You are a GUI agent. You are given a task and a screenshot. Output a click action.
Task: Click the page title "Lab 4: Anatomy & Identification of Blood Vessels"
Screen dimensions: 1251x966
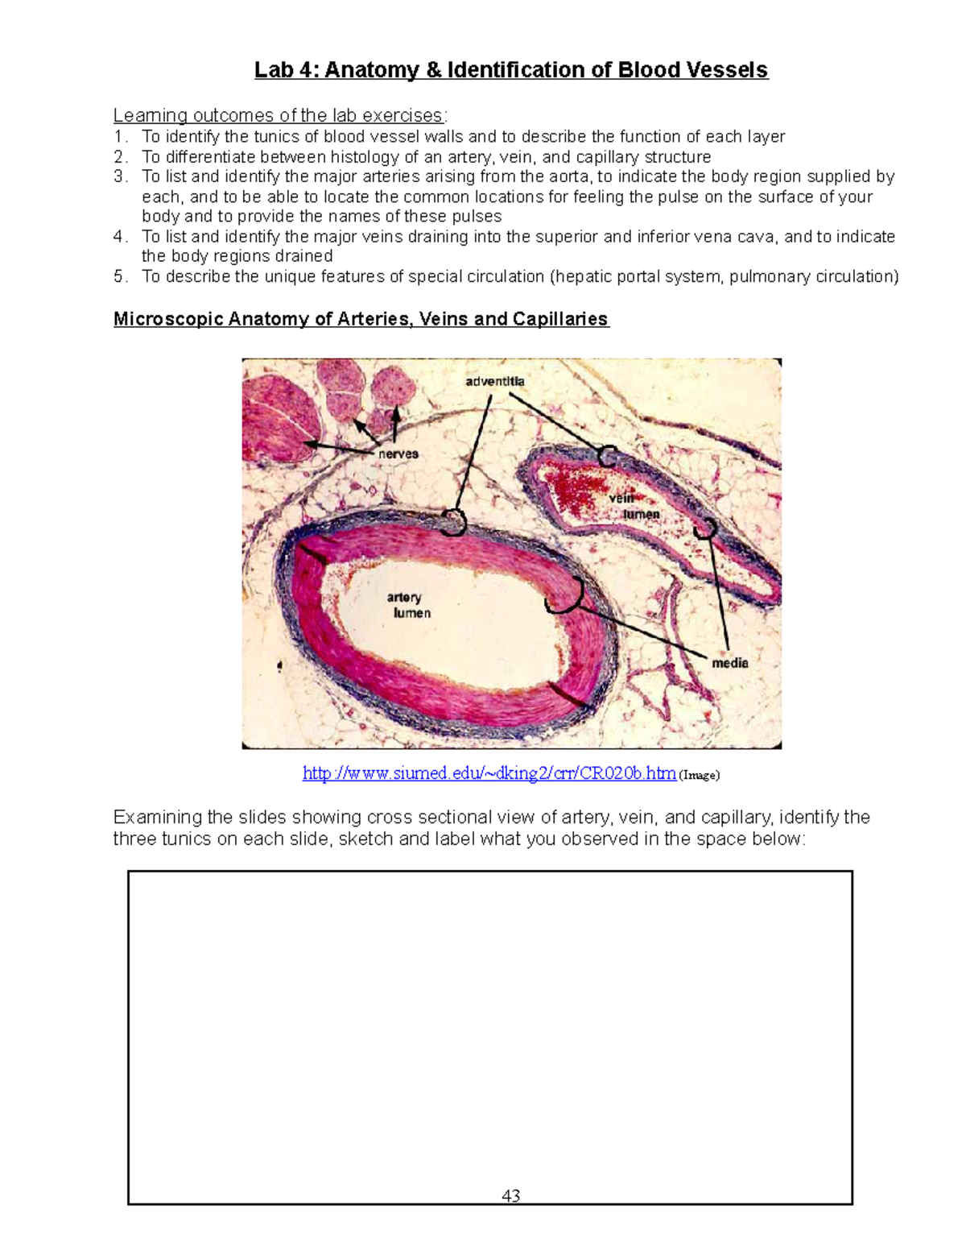click(511, 70)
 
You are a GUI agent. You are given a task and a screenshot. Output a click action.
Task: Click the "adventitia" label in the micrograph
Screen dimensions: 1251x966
click(495, 381)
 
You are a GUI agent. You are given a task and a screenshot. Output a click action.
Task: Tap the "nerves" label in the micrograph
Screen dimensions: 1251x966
click(398, 454)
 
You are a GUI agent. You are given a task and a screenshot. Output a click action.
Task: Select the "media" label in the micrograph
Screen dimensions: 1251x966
click(730, 662)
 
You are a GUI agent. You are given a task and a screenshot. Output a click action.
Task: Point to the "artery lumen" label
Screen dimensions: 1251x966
click(411, 605)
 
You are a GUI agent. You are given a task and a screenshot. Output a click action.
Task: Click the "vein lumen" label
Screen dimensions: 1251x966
click(634, 506)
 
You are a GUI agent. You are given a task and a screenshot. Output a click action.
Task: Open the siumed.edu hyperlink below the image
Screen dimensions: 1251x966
click(489, 773)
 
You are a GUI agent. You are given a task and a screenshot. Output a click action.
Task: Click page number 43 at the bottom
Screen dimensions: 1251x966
click(510, 1195)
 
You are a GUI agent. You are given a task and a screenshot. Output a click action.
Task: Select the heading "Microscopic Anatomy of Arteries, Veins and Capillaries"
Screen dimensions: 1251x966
click(361, 319)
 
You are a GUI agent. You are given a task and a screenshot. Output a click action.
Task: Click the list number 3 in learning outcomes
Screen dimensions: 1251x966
click(119, 176)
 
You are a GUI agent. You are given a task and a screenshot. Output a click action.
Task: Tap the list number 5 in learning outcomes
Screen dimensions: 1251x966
click(119, 276)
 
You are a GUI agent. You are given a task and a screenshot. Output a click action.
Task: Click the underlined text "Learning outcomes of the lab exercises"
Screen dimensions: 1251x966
click(278, 116)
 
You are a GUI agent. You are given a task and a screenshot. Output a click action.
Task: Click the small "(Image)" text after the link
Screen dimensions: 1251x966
click(700, 775)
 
